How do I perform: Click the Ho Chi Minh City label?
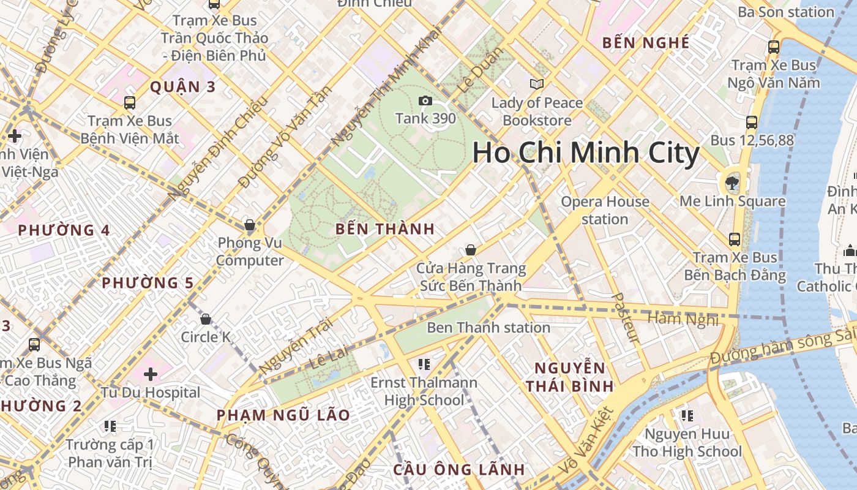[x=586, y=153]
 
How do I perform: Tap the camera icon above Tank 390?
[x=425, y=101]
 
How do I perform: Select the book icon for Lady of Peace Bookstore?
[x=537, y=85]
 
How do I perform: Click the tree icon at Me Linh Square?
[x=732, y=182]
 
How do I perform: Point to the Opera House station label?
[x=605, y=210]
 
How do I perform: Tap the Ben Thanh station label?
[x=488, y=328]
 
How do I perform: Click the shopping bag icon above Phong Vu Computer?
[x=249, y=225]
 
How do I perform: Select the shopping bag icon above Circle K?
[x=206, y=319]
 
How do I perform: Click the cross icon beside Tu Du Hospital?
[x=151, y=374]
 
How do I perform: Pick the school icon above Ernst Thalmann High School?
[x=424, y=365]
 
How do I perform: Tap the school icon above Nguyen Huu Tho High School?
[x=687, y=417]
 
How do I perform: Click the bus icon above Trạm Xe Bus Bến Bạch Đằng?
[x=735, y=239]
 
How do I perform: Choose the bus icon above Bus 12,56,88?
[x=752, y=123]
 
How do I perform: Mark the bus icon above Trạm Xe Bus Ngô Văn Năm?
[x=774, y=47]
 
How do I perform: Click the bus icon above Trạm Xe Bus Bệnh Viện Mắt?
[x=130, y=102]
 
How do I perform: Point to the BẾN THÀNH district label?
[x=385, y=230]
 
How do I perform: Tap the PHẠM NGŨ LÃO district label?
[x=283, y=415]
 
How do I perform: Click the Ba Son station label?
[x=786, y=12]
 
